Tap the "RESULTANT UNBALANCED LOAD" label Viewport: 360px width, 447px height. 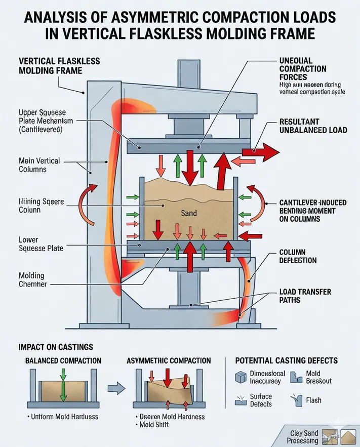[x=313, y=126]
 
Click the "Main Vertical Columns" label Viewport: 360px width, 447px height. [x=39, y=165]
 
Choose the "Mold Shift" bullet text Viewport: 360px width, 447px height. [x=153, y=424]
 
